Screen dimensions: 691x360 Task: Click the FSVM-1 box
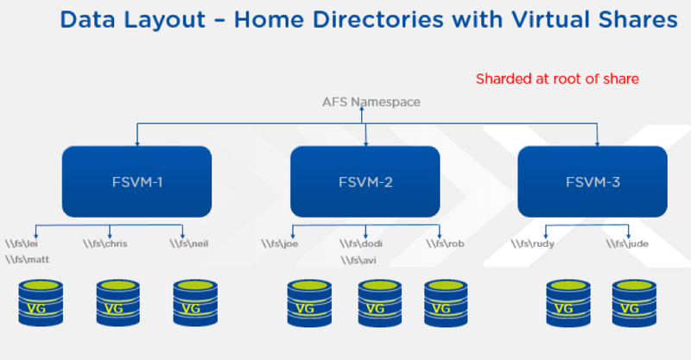pos(136,181)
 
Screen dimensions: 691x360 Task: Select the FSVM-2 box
pos(365,181)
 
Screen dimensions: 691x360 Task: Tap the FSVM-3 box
pos(593,181)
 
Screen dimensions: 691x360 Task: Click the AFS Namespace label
pos(371,102)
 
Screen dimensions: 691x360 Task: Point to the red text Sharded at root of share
pos(557,79)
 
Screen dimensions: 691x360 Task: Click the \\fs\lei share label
pos(22,243)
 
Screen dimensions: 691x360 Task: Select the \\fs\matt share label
pos(28,260)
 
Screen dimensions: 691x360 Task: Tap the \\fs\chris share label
pos(105,243)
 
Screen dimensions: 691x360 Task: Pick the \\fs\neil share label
pos(189,243)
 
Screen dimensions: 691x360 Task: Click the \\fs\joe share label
pos(280,243)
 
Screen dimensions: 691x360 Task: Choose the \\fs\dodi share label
pos(361,243)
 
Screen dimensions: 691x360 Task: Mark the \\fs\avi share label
pos(358,261)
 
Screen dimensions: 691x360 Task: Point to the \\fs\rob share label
pos(445,243)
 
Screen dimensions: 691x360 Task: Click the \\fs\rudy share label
pos(532,243)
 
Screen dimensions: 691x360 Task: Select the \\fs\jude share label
pos(627,243)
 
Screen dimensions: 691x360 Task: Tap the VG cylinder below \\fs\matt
pos(41,303)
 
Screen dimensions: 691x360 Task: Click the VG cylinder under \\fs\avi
pos(380,304)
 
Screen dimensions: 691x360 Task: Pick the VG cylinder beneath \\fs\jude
pos(634,304)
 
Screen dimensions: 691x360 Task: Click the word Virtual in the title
pos(549,20)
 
